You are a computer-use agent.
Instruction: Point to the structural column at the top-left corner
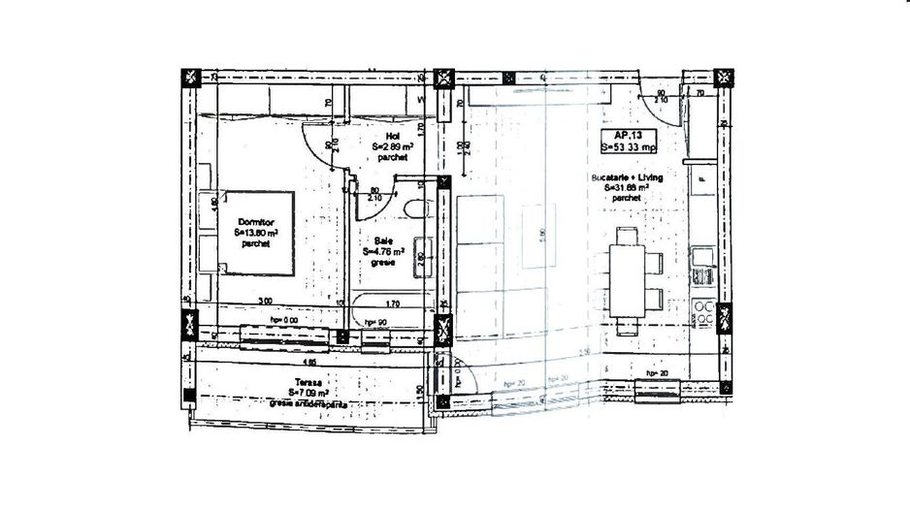[x=190, y=79]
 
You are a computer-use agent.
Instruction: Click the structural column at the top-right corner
[x=724, y=78]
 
